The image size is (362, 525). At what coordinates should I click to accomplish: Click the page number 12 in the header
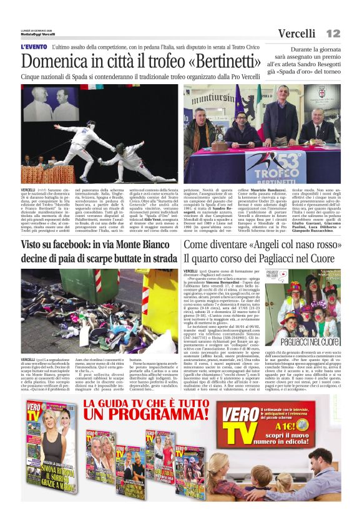(333, 32)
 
